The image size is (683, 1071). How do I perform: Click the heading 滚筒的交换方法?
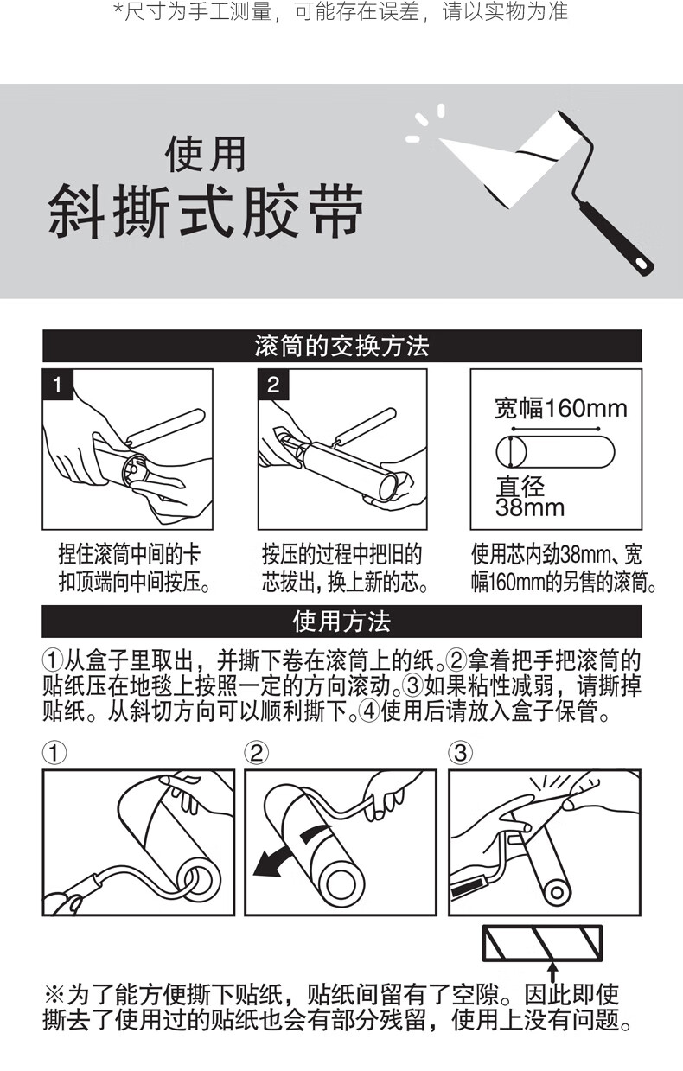point(341,346)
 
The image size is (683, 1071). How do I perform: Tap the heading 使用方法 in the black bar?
point(341,622)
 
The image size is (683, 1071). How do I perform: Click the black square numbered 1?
point(58,385)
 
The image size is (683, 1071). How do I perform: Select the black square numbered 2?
point(273,385)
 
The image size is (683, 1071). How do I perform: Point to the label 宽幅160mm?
point(560,409)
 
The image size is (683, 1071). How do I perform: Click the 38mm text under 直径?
point(530,507)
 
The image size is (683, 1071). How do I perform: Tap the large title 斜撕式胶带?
point(205,211)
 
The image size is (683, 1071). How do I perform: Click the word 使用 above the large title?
point(205,154)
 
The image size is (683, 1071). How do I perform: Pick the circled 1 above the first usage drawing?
point(54,753)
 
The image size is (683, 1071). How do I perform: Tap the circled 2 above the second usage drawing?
point(257,753)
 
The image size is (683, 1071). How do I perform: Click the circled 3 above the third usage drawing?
point(460,753)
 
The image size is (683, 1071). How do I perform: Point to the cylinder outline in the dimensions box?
point(555,452)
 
